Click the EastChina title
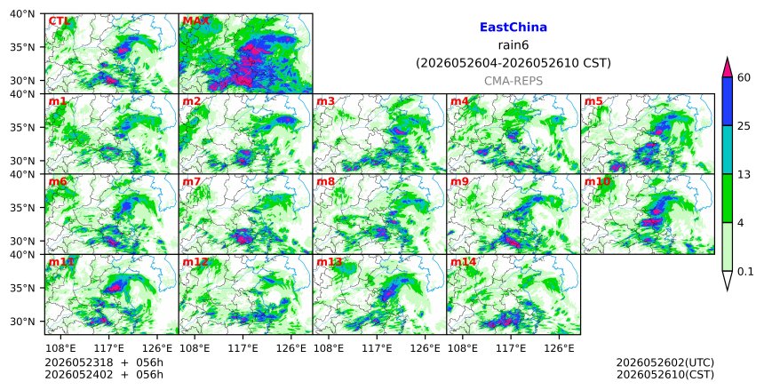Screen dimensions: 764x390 [x=513, y=28]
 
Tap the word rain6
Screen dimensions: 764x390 [x=513, y=45]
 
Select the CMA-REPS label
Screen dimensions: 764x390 [x=513, y=81]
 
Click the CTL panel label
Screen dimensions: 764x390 [x=60, y=21]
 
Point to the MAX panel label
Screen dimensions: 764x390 [x=195, y=21]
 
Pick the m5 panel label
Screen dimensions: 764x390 [x=593, y=101]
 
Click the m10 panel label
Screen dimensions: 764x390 [x=597, y=182]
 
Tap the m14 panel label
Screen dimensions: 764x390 [x=463, y=262]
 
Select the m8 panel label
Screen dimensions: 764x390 [x=325, y=182]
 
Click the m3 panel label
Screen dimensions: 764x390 [x=325, y=101]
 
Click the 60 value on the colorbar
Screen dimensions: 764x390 [x=744, y=77]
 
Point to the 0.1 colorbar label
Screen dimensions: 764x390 [x=745, y=272]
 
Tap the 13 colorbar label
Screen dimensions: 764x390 [x=744, y=174]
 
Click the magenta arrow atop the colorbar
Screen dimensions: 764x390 [x=727, y=68]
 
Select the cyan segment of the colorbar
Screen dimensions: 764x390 [x=727, y=149]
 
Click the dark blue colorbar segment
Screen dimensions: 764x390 [x=727, y=101]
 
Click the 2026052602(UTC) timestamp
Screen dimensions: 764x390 [x=665, y=362]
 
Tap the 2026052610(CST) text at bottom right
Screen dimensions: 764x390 [x=665, y=375]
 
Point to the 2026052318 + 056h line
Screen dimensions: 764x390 [x=104, y=362]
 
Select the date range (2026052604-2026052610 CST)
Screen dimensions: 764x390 [x=513, y=63]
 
